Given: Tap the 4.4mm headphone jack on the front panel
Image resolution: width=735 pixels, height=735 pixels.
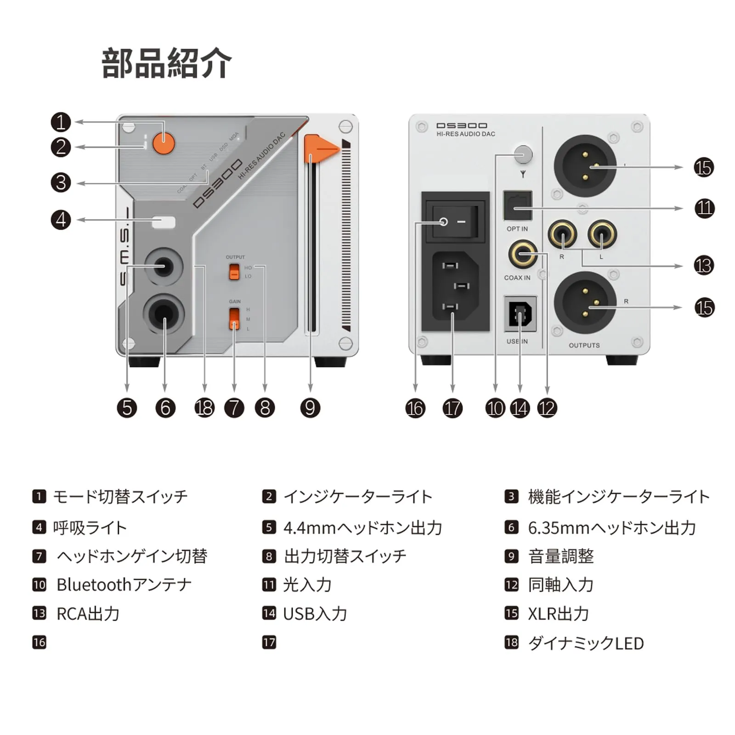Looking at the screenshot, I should click(x=163, y=266).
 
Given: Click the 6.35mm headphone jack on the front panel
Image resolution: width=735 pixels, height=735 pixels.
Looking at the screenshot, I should click(x=164, y=314).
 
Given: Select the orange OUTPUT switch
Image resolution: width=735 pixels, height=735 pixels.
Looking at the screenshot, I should click(x=234, y=272).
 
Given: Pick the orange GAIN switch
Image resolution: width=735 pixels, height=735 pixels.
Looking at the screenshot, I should click(x=234, y=318).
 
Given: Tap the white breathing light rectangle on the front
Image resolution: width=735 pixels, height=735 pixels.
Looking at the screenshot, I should click(x=164, y=222).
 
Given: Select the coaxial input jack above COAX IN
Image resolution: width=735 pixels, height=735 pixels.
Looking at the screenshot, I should click(x=523, y=254).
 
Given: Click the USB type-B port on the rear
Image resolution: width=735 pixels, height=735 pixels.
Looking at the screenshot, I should click(x=520, y=314).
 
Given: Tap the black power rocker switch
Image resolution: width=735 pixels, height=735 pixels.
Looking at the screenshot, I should click(x=455, y=222).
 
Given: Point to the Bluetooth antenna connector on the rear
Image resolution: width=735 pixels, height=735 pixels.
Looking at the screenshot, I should click(x=523, y=154).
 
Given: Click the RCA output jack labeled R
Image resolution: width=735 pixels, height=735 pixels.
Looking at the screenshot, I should click(x=562, y=234).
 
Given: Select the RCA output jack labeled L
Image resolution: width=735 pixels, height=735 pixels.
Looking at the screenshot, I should click(x=602, y=234).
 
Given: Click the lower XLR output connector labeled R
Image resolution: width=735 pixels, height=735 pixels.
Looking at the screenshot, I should click(x=585, y=302).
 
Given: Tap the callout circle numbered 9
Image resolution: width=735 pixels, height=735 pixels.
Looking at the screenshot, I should click(x=310, y=408).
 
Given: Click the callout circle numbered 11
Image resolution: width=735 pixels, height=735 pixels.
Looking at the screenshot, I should click(x=704, y=208).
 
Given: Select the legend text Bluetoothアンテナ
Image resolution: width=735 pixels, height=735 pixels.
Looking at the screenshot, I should click(x=124, y=585).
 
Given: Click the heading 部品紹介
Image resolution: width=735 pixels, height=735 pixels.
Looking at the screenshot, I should click(x=166, y=63).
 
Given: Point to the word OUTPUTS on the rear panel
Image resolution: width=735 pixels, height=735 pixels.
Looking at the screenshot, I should click(x=584, y=345).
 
